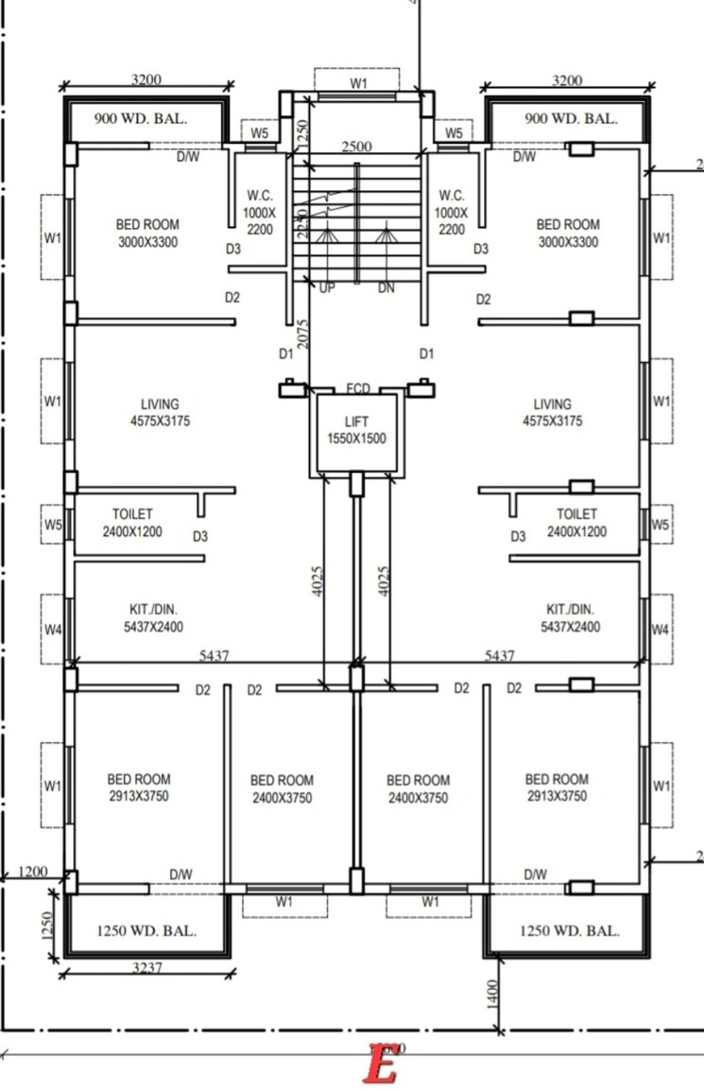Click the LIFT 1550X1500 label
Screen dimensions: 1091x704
click(x=356, y=430)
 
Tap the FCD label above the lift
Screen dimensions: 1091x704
click(x=358, y=389)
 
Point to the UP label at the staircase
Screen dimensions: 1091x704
click(x=327, y=287)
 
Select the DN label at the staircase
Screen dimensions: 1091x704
click(x=386, y=287)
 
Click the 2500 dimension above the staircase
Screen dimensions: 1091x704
click(x=356, y=147)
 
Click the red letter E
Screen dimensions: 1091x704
click(x=381, y=1064)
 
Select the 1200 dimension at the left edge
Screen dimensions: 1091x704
click(x=32, y=870)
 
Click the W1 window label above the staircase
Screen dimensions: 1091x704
click(x=358, y=84)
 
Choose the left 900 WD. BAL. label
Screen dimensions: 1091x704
click(x=142, y=119)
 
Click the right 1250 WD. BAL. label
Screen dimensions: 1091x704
click(x=570, y=930)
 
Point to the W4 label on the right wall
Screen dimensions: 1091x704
click(x=661, y=629)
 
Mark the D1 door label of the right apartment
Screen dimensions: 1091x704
click(x=426, y=354)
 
